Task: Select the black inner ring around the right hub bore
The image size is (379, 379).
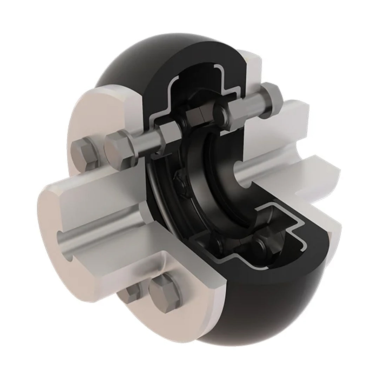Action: coord(225,182)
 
